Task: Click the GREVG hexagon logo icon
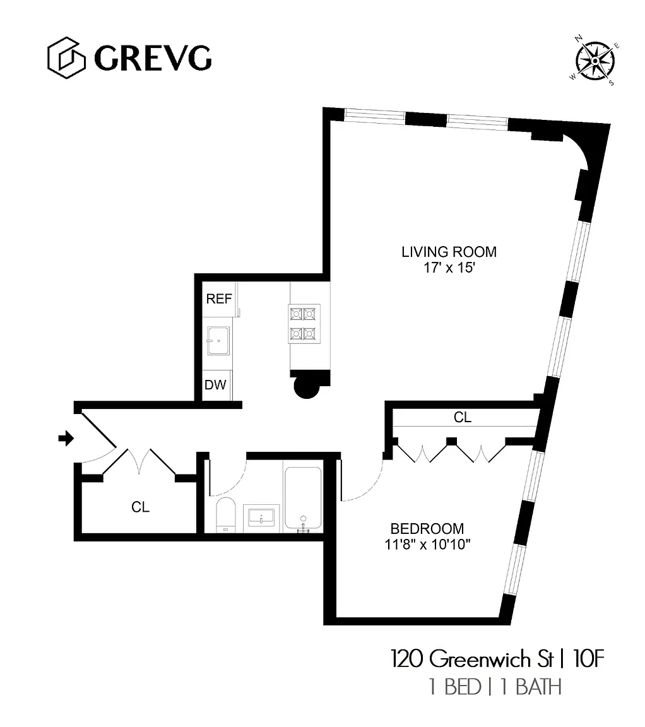[x=66, y=58]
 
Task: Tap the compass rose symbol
[x=595, y=61]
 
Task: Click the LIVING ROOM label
[x=449, y=252]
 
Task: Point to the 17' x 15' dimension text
[x=449, y=268]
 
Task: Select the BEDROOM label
[x=427, y=529]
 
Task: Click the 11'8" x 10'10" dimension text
[x=427, y=544]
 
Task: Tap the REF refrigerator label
[x=219, y=298]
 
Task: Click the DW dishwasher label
[x=215, y=384]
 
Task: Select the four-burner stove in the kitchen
[x=304, y=324]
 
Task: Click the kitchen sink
[x=218, y=341]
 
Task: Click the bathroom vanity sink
[x=261, y=516]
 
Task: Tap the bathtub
[x=303, y=499]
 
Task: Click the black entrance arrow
[x=66, y=438]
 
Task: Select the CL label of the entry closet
[x=140, y=507]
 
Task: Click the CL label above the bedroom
[x=463, y=417]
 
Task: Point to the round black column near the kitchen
[x=307, y=387]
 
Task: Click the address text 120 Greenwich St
[x=473, y=659]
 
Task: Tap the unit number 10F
[x=589, y=659]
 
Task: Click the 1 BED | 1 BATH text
[x=495, y=687]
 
